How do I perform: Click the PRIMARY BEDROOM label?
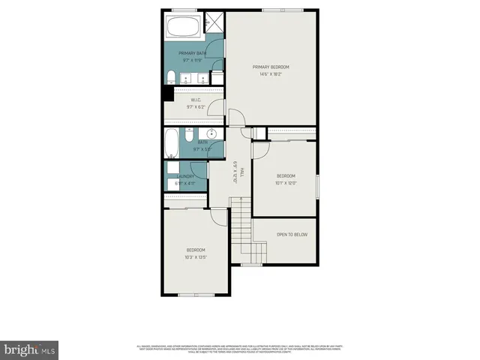click(x=270, y=67)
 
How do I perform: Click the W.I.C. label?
click(x=195, y=100)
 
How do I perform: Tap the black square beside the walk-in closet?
click(x=167, y=94)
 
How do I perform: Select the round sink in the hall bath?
click(x=212, y=135)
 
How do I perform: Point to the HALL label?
click(x=235, y=174)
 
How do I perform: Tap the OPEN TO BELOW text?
click(x=292, y=235)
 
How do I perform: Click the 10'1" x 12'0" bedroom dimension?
click(x=286, y=182)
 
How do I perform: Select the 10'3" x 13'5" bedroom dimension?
click(x=196, y=256)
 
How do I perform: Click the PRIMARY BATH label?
click(x=191, y=53)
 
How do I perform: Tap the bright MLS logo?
click(x=30, y=349)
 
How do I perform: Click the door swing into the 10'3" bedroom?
click(x=219, y=216)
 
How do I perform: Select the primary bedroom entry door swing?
click(x=236, y=118)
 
